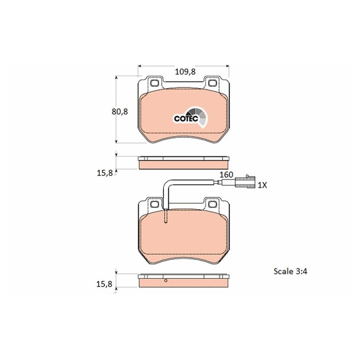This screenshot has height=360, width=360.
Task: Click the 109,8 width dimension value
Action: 185,72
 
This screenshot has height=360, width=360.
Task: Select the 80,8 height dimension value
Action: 119,112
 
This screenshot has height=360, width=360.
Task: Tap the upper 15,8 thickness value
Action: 105,173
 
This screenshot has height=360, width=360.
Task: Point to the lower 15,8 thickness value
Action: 104,284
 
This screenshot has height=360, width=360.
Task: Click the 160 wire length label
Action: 226,175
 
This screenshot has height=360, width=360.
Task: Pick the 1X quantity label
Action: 262,185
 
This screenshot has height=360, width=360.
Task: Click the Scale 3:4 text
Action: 291,272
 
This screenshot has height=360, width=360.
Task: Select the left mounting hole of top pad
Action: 155,83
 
